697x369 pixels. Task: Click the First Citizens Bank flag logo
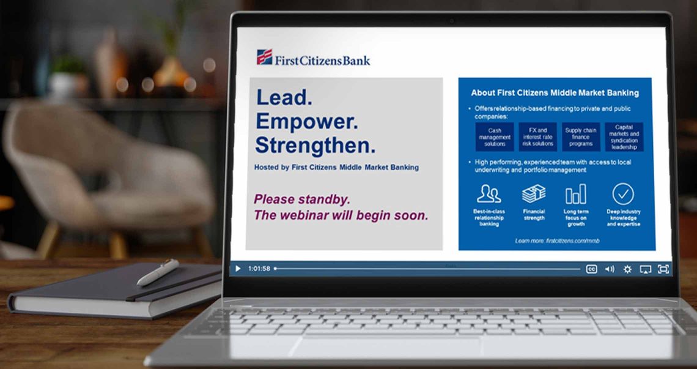pyautogui.click(x=265, y=57)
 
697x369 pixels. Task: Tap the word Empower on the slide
pyautogui.click(x=307, y=121)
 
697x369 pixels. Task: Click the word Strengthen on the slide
pyautogui.click(x=315, y=145)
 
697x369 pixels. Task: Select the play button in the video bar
pyautogui.click(x=238, y=269)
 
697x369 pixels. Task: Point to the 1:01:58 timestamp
pyautogui.click(x=259, y=269)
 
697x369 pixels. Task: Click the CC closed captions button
pyautogui.click(x=591, y=269)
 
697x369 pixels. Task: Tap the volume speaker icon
pyautogui.click(x=610, y=269)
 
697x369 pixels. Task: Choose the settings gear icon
pyautogui.click(x=627, y=269)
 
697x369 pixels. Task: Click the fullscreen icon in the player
pyautogui.click(x=663, y=269)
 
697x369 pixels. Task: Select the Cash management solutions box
pyautogui.click(x=494, y=137)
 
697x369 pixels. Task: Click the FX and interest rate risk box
pyautogui.click(x=538, y=137)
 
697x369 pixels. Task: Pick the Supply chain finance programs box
pyautogui.click(x=581, y=137)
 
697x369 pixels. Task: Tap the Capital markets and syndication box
pyautogui.click(x=624, y=137)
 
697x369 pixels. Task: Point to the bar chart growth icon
pyautogui.click(x=576, y=194)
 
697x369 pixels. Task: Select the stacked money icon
pyautogui.click(x=534, y=194)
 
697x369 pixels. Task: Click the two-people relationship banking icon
pyautogui.click(x=489, y=194)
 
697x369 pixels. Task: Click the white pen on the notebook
pyautogui.click(x=158, y=272)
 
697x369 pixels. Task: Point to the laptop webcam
pyautogui.click(x=452, y=20)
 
